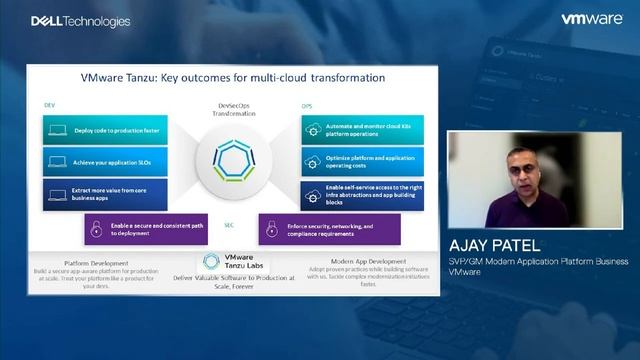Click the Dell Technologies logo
tap(66, 20)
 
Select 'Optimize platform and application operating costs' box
tap(356, 160)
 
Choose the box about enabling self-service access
tap(356, 193)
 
